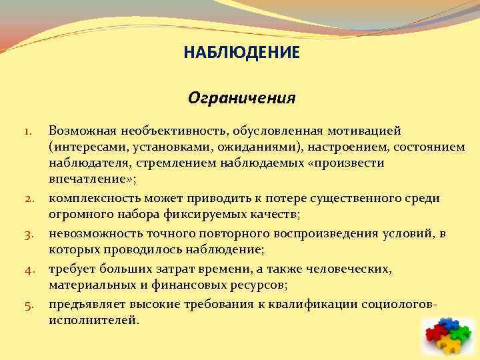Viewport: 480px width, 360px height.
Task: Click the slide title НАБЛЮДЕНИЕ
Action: coord(242,52)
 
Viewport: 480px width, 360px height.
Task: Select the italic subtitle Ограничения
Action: coord(241,98)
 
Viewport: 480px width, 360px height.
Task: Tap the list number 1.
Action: coord(30,128)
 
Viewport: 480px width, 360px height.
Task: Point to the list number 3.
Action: coord(30,235)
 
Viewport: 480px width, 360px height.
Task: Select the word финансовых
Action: coord(214,285)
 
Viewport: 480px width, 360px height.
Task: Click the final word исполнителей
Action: coord(94,320)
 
